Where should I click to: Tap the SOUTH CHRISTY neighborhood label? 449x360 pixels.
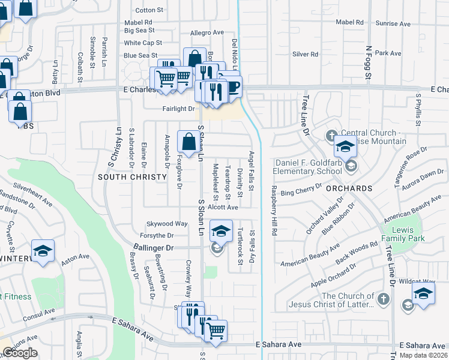[131, 177]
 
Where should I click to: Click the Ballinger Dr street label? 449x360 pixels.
[153, 247]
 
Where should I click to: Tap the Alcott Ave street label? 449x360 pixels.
[223, 207]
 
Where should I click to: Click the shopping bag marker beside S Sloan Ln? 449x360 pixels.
[188, 142]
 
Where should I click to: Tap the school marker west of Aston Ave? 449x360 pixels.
[43, 251]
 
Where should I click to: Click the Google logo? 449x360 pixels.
[20, 353]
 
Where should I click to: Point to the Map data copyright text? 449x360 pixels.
[423, 355]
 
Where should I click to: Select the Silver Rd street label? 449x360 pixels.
[305, 54]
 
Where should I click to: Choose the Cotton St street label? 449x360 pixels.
[149, 10]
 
